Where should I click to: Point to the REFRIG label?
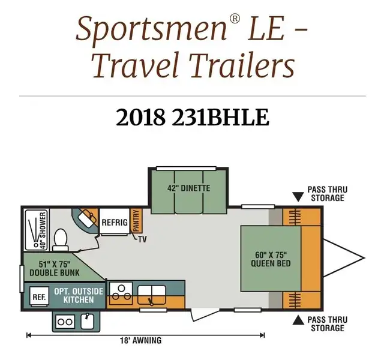(x=114, y=222)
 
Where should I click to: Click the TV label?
(x=142, y=239)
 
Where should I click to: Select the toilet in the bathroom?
(x=59, y=239)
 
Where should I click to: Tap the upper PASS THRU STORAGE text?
(x=327, y=194)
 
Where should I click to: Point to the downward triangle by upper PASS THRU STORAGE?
(x=297, y=196)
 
